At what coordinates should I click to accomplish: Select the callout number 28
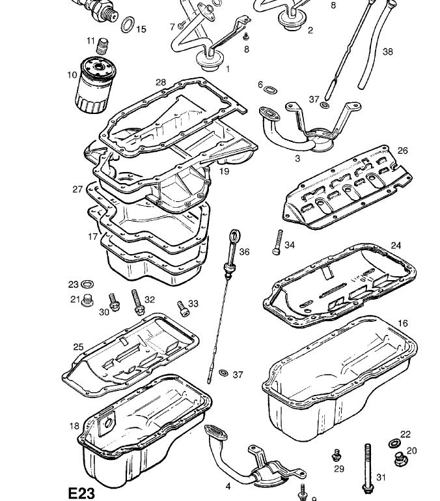(x=161, y=82)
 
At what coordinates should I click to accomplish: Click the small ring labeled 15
(x=128, y=25)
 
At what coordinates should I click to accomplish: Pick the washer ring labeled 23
(x=87, y=285)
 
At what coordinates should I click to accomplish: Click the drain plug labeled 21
(x=89, y=300)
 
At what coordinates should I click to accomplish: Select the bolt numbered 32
(x=137, y=302)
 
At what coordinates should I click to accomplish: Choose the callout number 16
(x=403, y=323)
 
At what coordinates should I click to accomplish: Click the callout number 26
(x=402, y=150)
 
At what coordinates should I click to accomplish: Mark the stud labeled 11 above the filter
(x=102, y=46)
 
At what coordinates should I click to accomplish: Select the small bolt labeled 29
(x=337, y=455)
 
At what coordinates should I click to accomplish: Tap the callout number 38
(x=388, y=51)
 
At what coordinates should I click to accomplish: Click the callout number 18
(x=74, y=426)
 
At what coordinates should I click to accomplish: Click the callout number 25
(x=78, y=347)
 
